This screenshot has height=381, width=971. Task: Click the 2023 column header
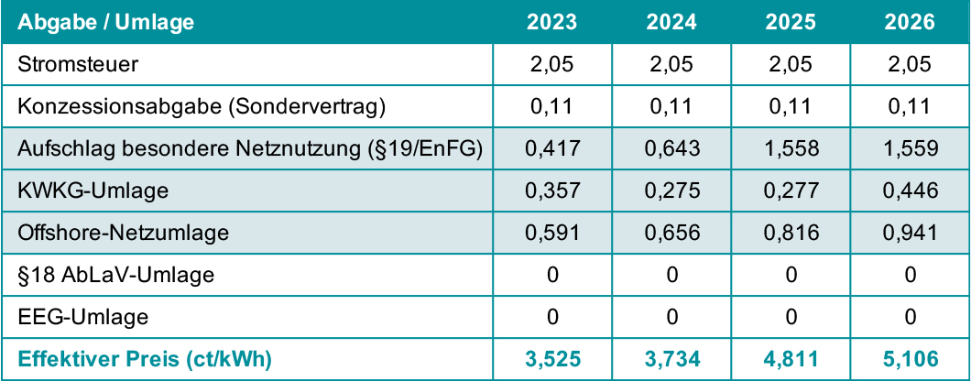[552, 22]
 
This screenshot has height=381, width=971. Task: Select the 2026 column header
[910, 22]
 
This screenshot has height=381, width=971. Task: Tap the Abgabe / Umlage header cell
[107, 22]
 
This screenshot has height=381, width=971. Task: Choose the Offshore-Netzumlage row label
[123, 234]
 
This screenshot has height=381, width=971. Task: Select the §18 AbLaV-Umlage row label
[115, 276]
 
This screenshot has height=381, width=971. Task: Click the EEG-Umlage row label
[83, 318]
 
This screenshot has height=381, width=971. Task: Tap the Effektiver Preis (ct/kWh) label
[145, 360]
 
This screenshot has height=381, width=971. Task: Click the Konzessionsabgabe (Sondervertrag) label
[202, 106]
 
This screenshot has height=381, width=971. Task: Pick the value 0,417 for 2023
[552, 148]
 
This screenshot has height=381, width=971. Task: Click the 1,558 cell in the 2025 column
[791, 148]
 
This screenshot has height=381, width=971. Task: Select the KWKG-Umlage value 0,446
[910, 190]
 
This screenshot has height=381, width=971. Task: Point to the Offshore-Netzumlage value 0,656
[671, 234]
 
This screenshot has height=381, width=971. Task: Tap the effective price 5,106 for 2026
[910, 360]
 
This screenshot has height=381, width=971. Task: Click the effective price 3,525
[552, 360]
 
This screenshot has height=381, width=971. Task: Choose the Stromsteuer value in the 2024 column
[671, 64]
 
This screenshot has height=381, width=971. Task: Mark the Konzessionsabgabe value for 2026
[910, 106]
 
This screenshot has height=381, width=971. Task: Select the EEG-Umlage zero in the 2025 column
[791, 318]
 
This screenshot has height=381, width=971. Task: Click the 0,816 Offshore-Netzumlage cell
[791, 234]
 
